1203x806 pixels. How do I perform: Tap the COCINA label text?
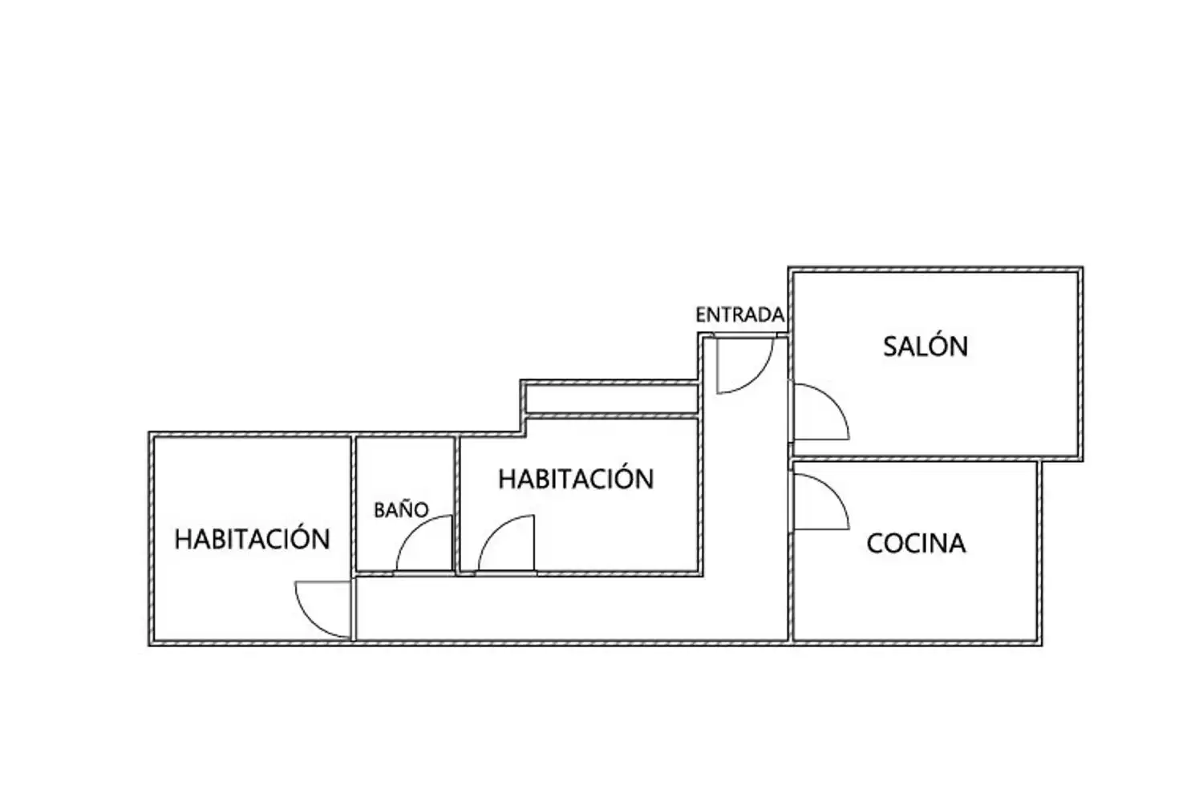coord(916,544)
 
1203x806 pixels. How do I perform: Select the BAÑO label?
coord(401,508)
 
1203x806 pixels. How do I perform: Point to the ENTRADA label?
coord(740,315)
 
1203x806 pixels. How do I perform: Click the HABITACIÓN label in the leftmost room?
coord(253,539)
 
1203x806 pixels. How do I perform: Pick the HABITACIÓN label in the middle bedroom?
coord(577,479)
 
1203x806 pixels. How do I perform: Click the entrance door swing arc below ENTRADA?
coord(757,379)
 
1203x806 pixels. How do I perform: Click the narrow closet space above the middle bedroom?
coord(612,399)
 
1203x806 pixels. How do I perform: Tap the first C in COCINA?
coord(876,544)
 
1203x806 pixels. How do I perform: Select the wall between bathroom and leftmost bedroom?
coord(354,504)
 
